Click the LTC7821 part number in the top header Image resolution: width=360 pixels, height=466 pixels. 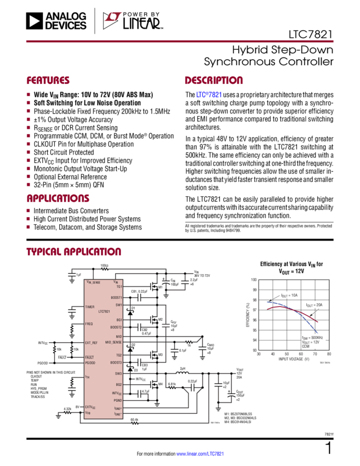coord(310,33)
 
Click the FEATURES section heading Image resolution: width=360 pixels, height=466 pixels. coord(48,81)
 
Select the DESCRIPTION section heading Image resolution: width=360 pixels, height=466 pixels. coord(213,81)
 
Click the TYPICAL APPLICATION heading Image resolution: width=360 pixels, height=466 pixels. coord(73,252)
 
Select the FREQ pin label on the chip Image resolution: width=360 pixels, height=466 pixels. coord(89,324)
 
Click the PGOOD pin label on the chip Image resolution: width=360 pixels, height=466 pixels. coord(90,362)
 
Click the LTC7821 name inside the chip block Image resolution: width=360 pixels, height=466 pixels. coord(105,311)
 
